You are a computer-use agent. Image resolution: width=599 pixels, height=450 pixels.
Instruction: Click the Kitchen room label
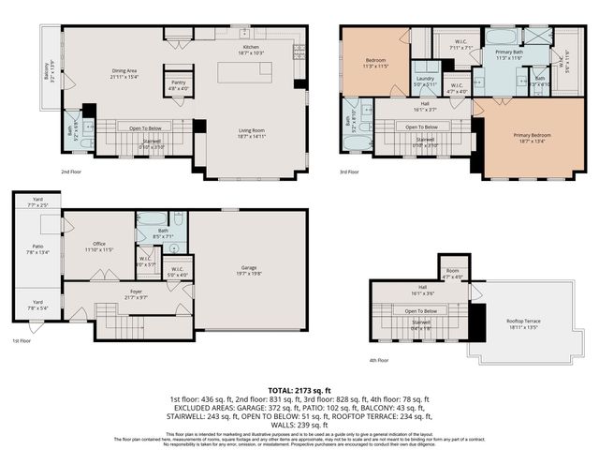[x=251, y=47]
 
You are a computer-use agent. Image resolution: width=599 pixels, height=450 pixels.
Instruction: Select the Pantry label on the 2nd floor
[x=178, y=83]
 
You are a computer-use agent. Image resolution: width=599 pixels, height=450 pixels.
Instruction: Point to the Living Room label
[x=251, y=132]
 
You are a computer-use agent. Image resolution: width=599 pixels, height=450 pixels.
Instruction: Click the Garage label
[x=248, y=269]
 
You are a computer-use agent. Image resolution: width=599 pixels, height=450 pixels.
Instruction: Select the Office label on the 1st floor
[x=98, y=247]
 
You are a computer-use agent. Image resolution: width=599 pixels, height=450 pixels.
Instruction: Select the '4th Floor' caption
[x=378, y=359]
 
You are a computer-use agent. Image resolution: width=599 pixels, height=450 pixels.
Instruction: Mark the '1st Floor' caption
[x=22, y=341]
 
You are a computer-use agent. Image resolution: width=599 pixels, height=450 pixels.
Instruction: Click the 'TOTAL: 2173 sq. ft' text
[x=299, y=388]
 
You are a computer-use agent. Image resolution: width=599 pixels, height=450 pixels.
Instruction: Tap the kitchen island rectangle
[x=246, y=73]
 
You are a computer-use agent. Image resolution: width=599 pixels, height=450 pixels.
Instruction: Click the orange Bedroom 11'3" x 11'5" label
[x=374, y=63]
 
